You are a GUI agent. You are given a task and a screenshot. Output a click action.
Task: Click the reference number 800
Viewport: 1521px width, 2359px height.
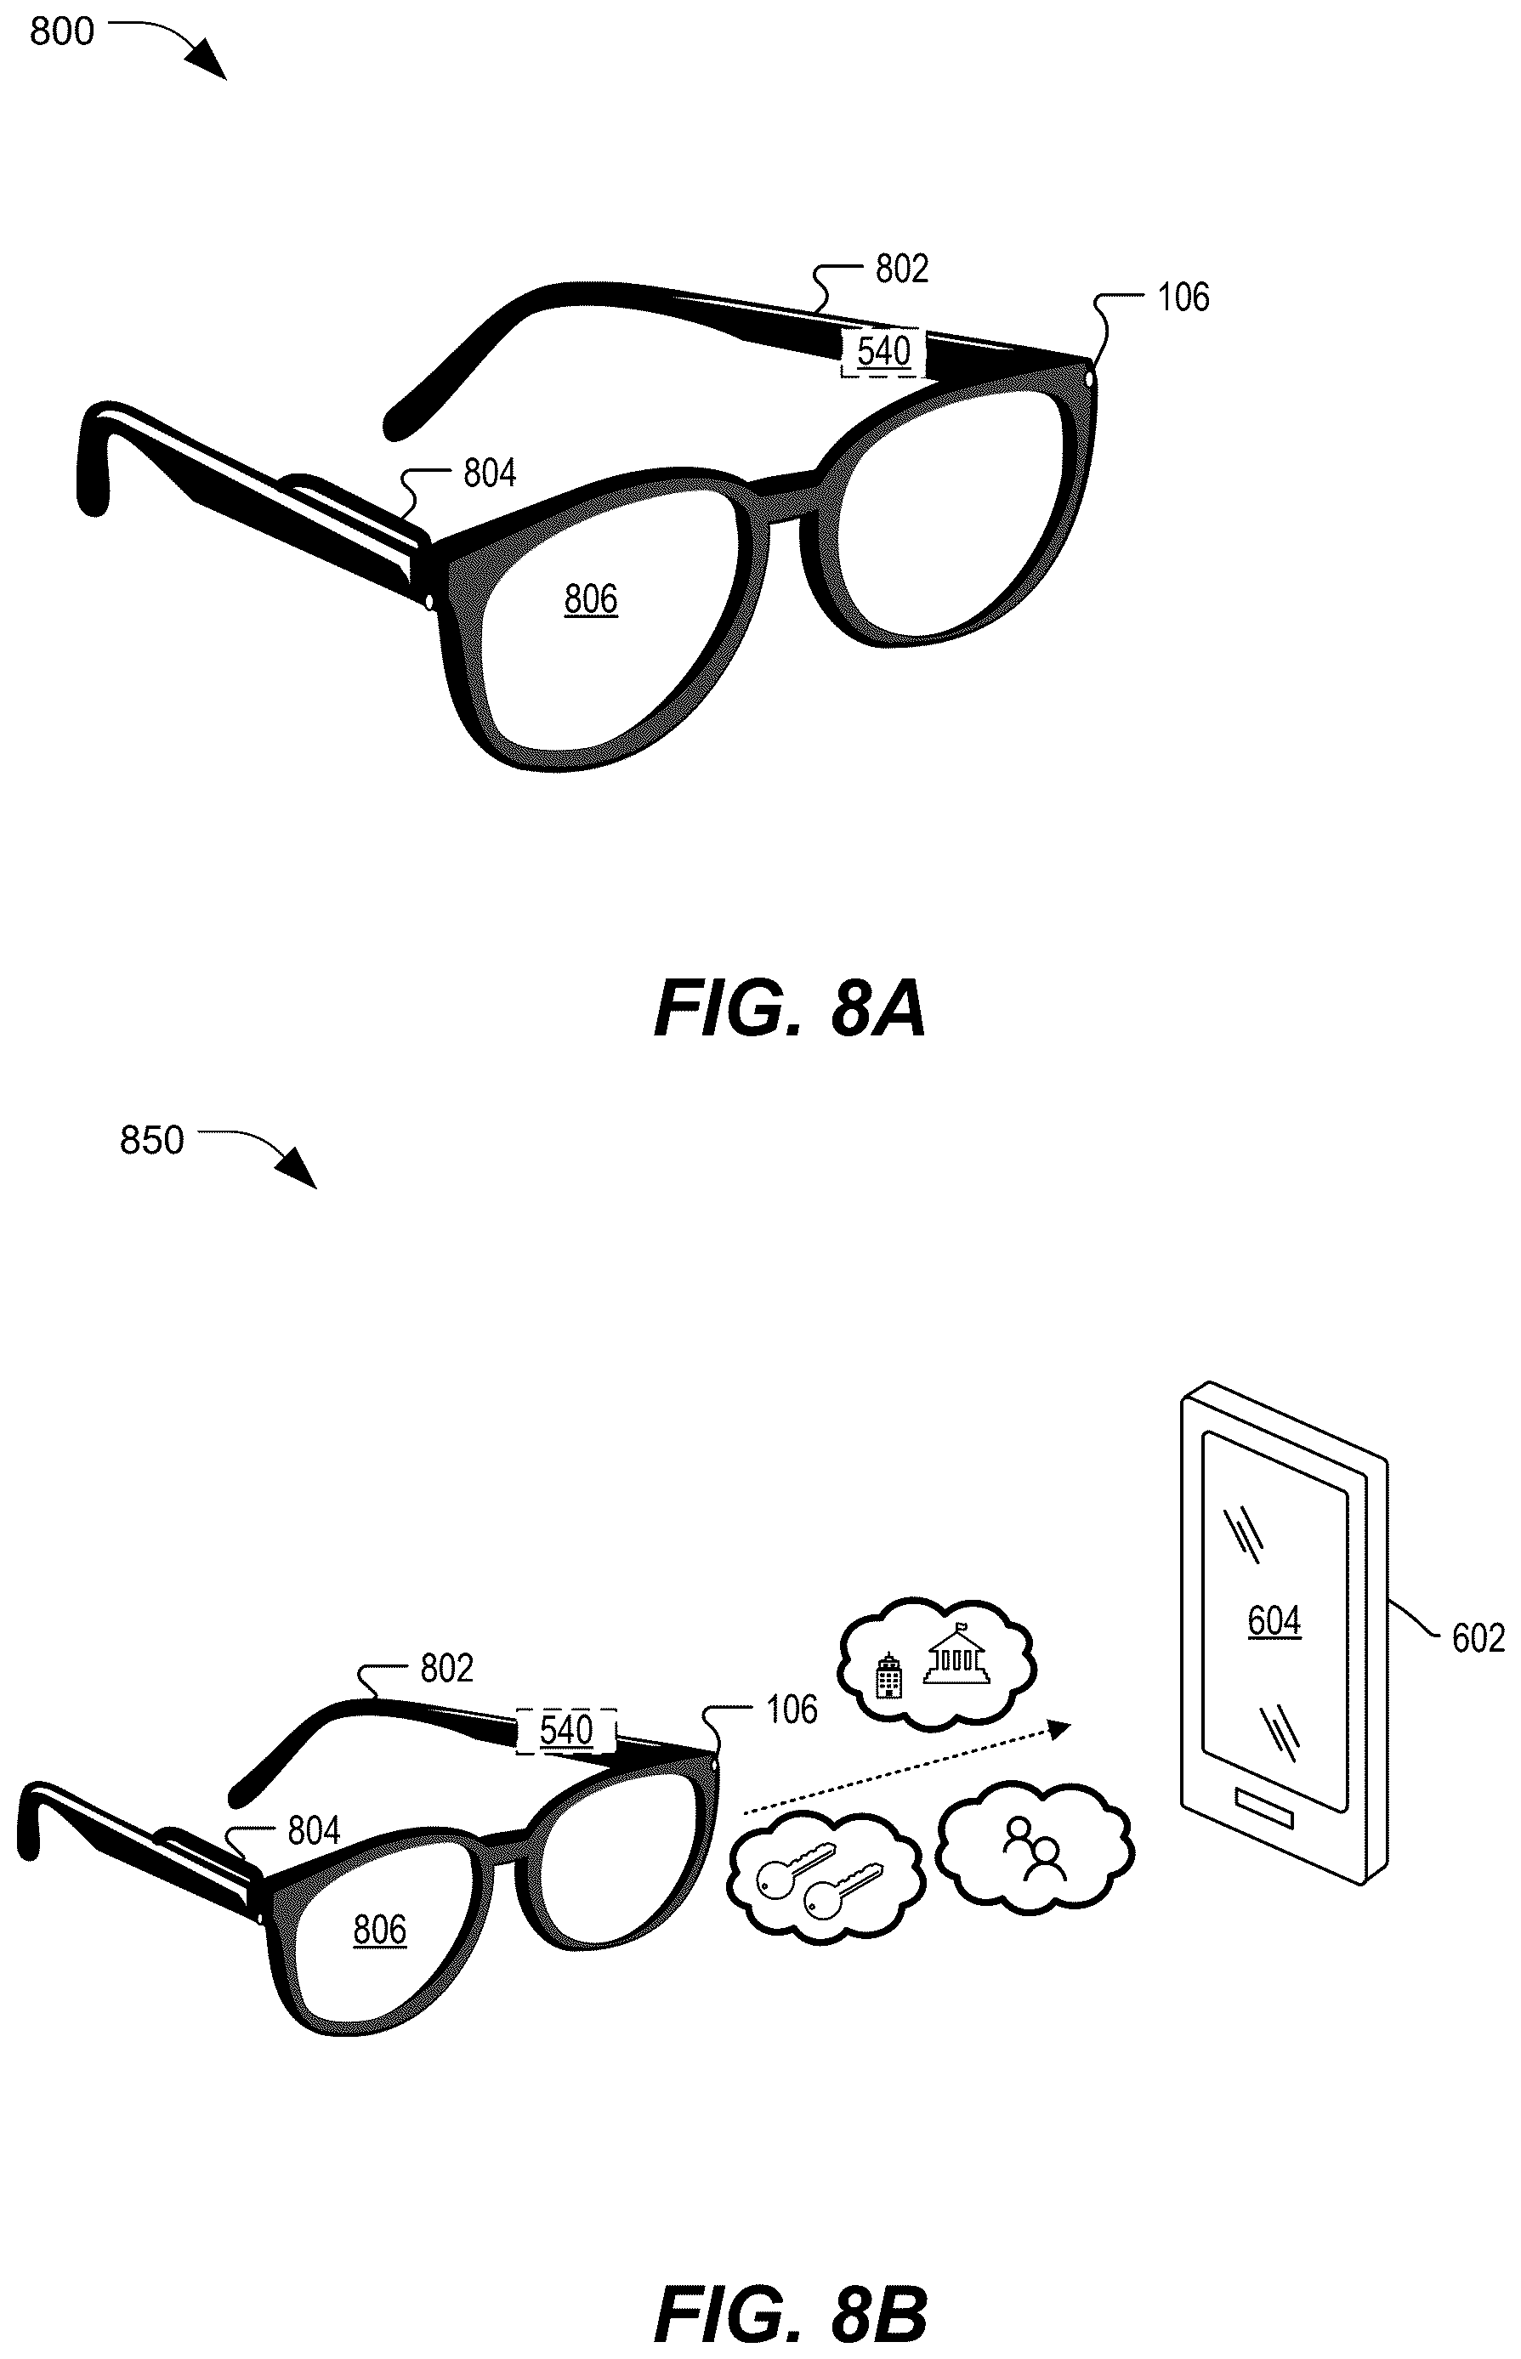click(x=61, y=31)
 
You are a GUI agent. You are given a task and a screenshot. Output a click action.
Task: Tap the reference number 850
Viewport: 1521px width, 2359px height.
click(x=151, y=1141)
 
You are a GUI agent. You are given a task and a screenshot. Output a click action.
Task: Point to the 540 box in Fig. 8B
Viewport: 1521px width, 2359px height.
click(x=567, y=1730)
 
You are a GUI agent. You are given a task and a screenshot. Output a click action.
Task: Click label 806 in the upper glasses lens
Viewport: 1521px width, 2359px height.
click(x=591, y=598)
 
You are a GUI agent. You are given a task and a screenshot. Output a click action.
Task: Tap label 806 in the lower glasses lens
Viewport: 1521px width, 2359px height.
click(x=379, y=1929)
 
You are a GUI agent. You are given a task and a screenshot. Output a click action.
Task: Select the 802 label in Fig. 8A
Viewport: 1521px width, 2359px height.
click(x=902, y=269)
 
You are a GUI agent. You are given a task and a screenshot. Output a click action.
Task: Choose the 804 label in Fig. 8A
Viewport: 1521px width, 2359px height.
click(x=490, y=474)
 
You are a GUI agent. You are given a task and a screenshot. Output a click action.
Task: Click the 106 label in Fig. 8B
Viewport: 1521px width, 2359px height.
click(x=792, y=1710)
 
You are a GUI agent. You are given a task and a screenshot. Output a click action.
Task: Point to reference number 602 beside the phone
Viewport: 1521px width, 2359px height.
click(x=1478, y=1638)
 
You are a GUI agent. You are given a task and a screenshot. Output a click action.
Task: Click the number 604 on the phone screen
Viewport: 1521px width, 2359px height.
click(x=1274, y=1620)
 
